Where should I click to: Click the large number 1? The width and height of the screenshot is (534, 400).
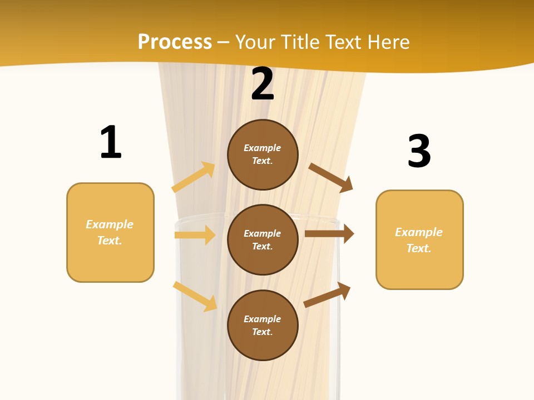[111, 142]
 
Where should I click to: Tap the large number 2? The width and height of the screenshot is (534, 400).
[263, 84]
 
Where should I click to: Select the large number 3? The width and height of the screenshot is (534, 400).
[419, 151]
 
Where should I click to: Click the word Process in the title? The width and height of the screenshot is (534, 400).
[175, 42]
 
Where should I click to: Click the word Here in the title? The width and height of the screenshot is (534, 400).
[387, 42]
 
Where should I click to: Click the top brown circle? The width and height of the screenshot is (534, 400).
[263, 154]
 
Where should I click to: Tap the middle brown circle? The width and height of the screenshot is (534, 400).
[263, 240]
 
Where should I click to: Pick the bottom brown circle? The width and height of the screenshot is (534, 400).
[263, 326]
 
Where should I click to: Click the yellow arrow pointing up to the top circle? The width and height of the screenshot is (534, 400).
[194, 177]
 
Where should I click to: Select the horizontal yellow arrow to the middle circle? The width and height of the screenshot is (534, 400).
[195, 235]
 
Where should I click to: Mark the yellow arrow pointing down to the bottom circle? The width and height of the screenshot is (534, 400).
[195, 296]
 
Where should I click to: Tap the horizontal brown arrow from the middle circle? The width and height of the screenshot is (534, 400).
[329, 234]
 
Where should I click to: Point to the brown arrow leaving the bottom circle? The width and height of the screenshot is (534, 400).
[327, 295]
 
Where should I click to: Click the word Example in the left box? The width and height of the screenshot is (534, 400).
[110, 224]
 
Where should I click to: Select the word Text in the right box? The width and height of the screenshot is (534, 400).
[418, 248]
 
